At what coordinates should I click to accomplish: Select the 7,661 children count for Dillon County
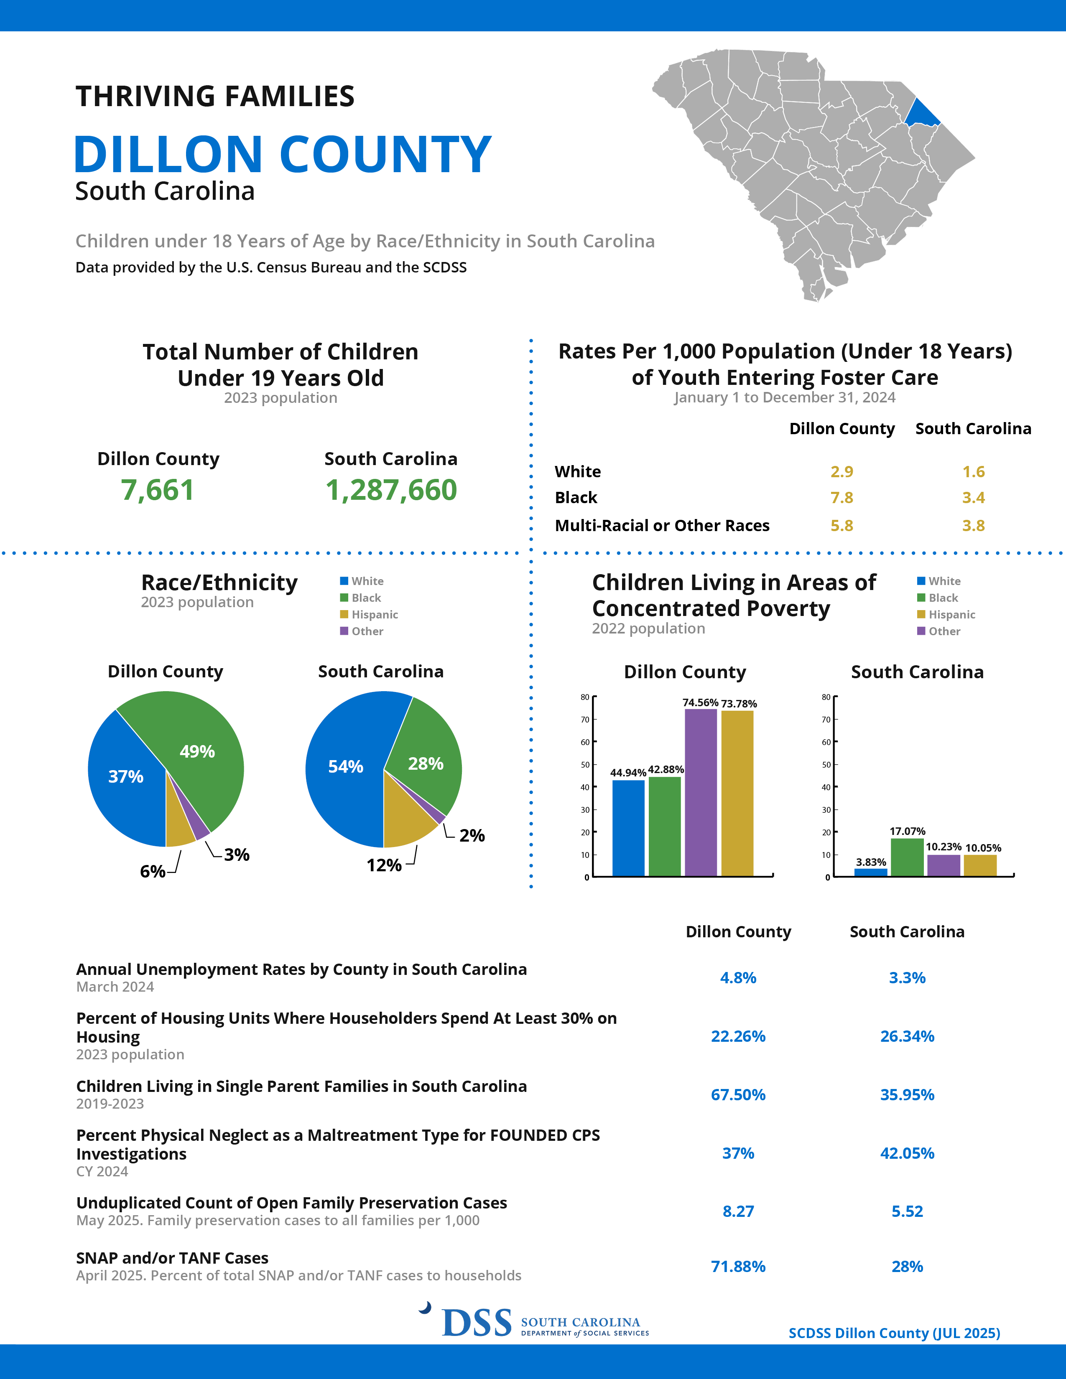click(157, 490)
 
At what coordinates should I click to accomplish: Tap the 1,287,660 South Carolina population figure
click(391, 490)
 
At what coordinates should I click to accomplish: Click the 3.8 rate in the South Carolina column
click(973, 525)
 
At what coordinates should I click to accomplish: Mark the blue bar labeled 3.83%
click(871, 872)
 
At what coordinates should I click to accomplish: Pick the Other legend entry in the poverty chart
click(938, 631)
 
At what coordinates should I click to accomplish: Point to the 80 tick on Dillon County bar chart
click(585, 697)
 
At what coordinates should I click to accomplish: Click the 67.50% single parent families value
click(738, 1094)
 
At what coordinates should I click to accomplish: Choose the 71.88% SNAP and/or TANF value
click(738, 1266)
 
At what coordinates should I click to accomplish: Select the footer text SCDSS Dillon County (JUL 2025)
click(894, 1333)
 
